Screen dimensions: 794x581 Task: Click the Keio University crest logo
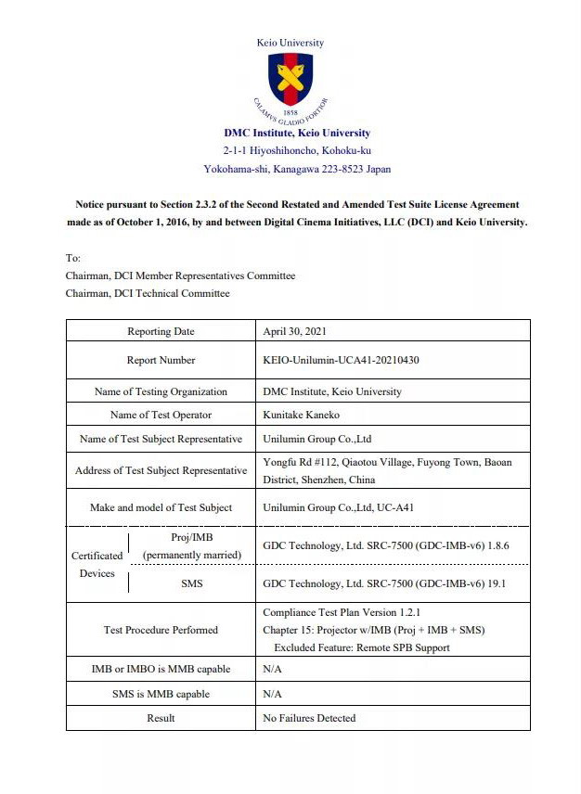point(290,81)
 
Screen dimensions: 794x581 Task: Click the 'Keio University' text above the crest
point(290,43)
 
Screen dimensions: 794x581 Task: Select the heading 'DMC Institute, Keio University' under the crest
point(297,133)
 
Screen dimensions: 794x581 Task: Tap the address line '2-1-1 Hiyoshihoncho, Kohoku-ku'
point(297,150)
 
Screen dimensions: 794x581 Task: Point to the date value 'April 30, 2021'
point(294,331)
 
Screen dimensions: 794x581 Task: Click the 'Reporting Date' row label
point(161,331)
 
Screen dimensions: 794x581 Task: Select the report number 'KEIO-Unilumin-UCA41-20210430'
point(341,360)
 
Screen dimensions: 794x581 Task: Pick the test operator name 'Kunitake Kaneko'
point(303,415)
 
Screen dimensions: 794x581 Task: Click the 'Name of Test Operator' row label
point(161,415)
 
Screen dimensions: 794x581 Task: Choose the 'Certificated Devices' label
point(97,564)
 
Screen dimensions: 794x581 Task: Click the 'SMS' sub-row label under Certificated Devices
point(191,584)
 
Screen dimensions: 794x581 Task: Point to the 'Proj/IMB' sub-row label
point(192,538)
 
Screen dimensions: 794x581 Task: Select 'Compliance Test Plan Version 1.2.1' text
point(342,612)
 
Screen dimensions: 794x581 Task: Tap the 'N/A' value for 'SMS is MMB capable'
point(272,694)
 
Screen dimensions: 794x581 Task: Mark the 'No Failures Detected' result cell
point(309,718)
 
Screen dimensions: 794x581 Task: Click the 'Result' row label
point(161,718)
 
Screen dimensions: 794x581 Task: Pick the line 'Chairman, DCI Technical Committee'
point(148,293)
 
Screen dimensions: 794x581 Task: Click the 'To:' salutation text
point(73,258)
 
